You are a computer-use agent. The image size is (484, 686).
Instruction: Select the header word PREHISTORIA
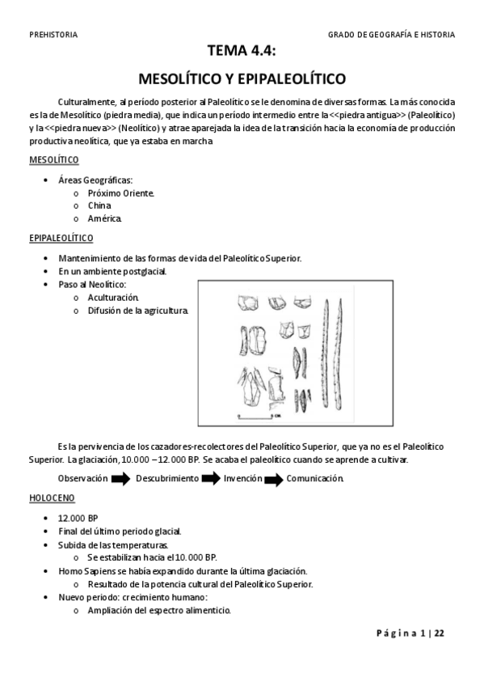click(53, 35)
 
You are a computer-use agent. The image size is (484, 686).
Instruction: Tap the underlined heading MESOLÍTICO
click(53, 159)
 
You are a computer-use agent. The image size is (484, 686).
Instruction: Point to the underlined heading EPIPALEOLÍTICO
click(61, 238)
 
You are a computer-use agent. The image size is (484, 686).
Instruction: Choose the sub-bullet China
click(99, 205)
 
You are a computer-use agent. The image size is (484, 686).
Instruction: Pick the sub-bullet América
click(104, 218)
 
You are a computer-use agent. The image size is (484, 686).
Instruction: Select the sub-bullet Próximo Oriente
click(120, 193)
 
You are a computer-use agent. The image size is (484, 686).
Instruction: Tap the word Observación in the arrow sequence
click(83, 478)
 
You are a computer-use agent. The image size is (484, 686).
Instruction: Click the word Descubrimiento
click(167, 478)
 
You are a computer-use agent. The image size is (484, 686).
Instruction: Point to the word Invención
click(243, 478)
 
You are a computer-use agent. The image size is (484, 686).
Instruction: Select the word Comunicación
click(315, 478)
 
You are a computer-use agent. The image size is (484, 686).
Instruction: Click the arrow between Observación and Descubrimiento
click(120, 479)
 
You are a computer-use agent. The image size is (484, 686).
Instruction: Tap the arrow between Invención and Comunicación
click(274, 479)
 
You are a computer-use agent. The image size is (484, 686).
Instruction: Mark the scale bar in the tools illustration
click(255, 415)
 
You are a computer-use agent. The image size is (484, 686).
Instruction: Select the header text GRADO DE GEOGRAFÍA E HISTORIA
click(391, 35)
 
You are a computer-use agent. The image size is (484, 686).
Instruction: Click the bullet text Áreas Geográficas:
click(95, 180)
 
